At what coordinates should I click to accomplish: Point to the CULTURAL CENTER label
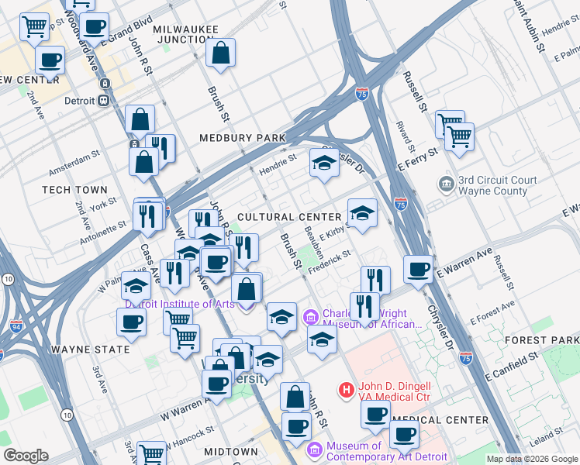coord(289,218)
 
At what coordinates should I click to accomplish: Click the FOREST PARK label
coord(551,340)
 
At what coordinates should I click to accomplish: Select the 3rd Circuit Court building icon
coord(447,184)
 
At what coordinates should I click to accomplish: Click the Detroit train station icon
coord(102,102)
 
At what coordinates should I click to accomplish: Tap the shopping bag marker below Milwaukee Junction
coord(221,53)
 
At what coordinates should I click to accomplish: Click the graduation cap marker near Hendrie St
coord(324,162)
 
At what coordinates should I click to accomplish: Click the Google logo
coord(26,456)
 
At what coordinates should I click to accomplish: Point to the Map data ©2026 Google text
coord(532,459)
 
